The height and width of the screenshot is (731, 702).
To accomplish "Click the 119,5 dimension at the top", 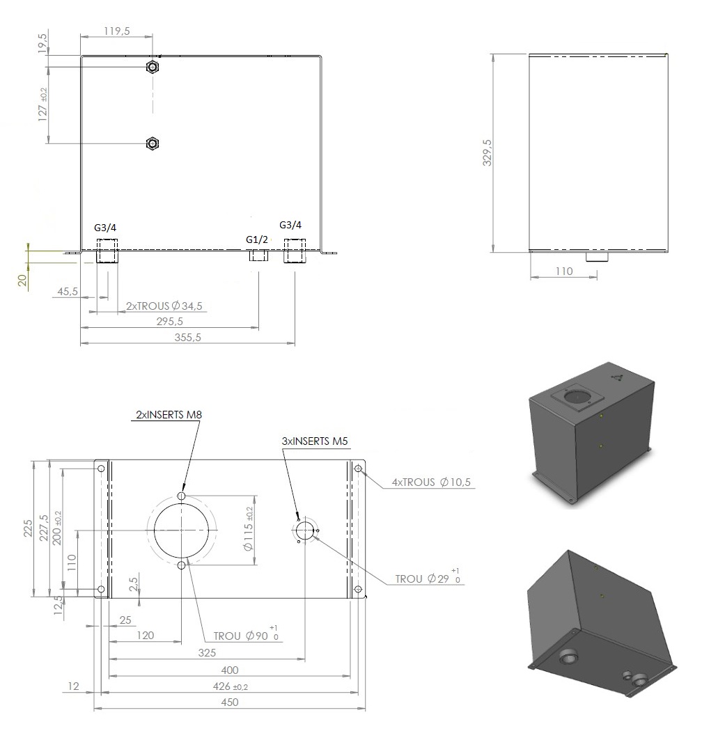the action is pyautogui.click(x=116, y=31).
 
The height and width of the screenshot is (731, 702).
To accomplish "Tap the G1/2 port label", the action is pyautogui.click(x=257, y=239).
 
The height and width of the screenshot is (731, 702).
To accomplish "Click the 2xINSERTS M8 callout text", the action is pyautogui.click(x=169, y=414).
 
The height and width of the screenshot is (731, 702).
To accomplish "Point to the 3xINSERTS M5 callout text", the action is pyautogui.click(x=315, y=441).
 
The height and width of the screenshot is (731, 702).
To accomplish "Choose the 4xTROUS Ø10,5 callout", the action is pyautogui.click(x=432, y=482).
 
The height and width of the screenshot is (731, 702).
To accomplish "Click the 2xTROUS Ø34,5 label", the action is pyautogui.click(x=164, y=306).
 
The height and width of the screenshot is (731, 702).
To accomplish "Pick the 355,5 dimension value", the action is pyautogui.click(x=187, y=337).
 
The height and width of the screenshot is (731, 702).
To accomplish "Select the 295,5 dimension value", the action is pyautogui.click(x=170, y=321).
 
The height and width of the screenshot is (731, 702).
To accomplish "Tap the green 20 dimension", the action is pyautogui.click(x=22, y=280).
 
